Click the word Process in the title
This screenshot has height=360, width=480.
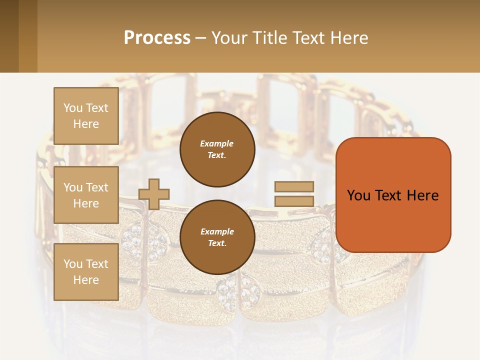[157, 38]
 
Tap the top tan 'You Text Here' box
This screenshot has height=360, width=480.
[86, 116]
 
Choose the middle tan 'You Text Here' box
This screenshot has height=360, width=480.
[86, 195]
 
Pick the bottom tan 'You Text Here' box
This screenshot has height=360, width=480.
[86, 272]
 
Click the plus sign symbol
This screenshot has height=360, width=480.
[154, 194]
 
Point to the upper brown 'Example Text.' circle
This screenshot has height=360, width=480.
[217, 149]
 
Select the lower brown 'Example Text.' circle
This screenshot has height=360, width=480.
[217, 237]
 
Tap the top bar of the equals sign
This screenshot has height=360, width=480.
[294, 186]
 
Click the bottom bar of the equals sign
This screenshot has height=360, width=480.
[294, 201]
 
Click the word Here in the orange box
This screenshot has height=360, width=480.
[422, 195]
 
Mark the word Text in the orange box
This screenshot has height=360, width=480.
[388, 195]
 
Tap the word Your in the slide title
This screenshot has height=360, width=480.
[229, 38]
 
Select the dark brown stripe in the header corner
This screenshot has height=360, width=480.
[9, 36]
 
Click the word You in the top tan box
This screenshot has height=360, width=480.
[72, 108]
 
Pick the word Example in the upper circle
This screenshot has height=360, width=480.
[216, 143]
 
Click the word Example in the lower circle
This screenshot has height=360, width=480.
[216, 231]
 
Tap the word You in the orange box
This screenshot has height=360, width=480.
[358, 195]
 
